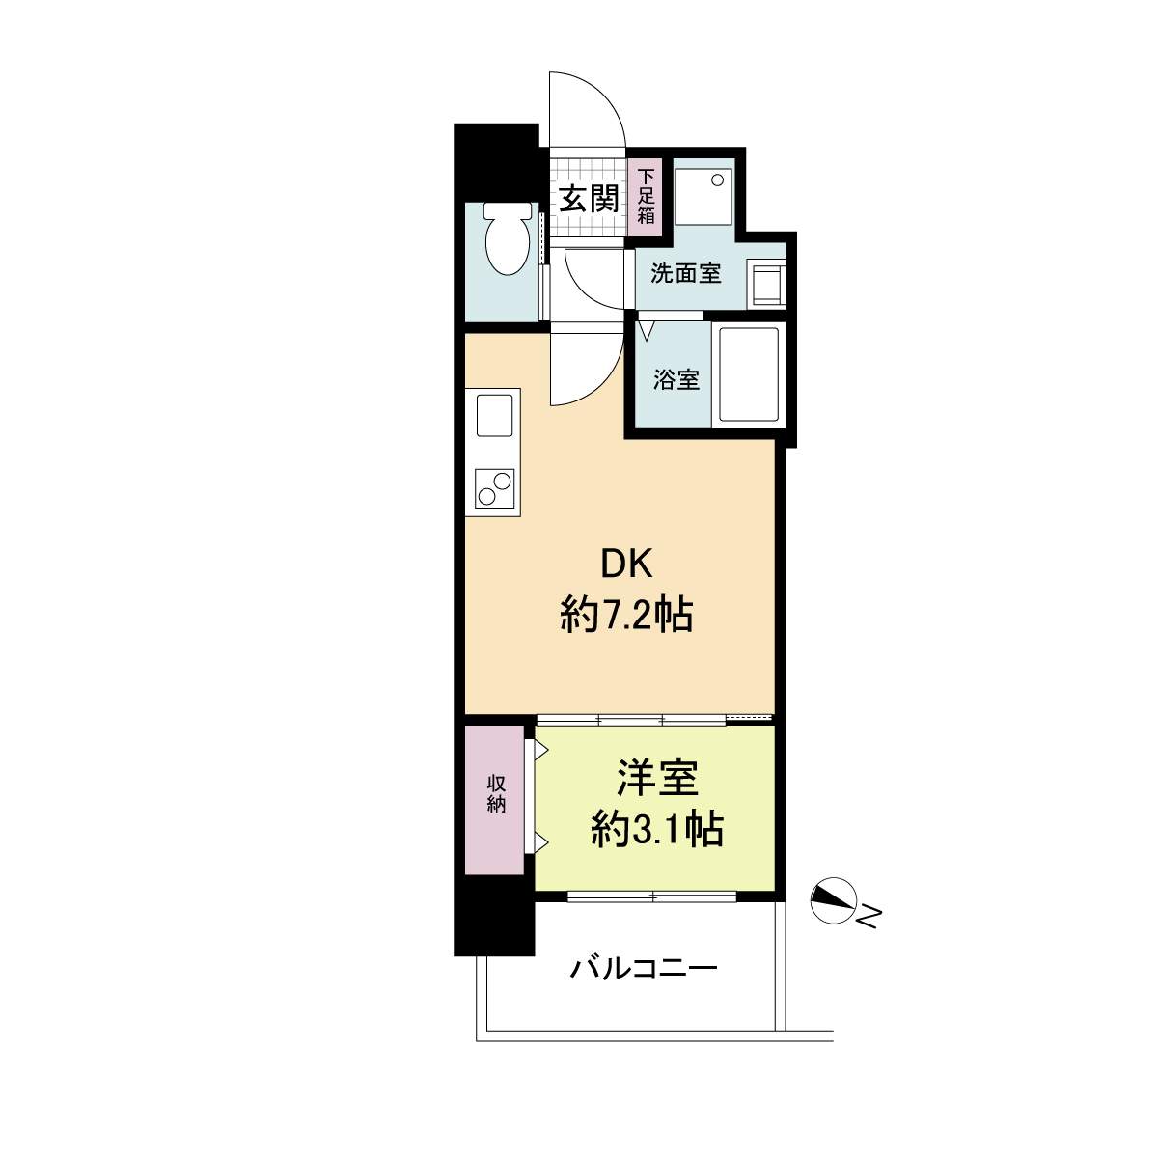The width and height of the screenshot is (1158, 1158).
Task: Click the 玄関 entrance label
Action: pos(589,199)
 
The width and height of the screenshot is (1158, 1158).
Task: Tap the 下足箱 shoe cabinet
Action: pos(645,197)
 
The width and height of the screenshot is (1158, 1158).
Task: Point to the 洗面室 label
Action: pos(686,274)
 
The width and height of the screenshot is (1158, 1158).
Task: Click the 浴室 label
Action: pos(676,379)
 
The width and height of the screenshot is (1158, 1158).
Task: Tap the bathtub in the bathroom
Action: pos(748,375)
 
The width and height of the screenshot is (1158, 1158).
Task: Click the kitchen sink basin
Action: pos(495,416)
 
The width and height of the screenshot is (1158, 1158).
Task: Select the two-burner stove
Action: pos(494,487)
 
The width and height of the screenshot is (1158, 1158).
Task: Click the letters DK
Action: pos(626,565)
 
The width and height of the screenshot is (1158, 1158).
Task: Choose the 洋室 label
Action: pos(656,778)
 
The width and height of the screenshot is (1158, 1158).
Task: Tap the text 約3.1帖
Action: pos(656,830)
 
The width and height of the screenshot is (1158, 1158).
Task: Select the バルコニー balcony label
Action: pos(644,968)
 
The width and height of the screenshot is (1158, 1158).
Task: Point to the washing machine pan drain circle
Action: pos(717,179)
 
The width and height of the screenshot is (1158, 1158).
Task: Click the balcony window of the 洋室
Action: pos(652,896)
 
